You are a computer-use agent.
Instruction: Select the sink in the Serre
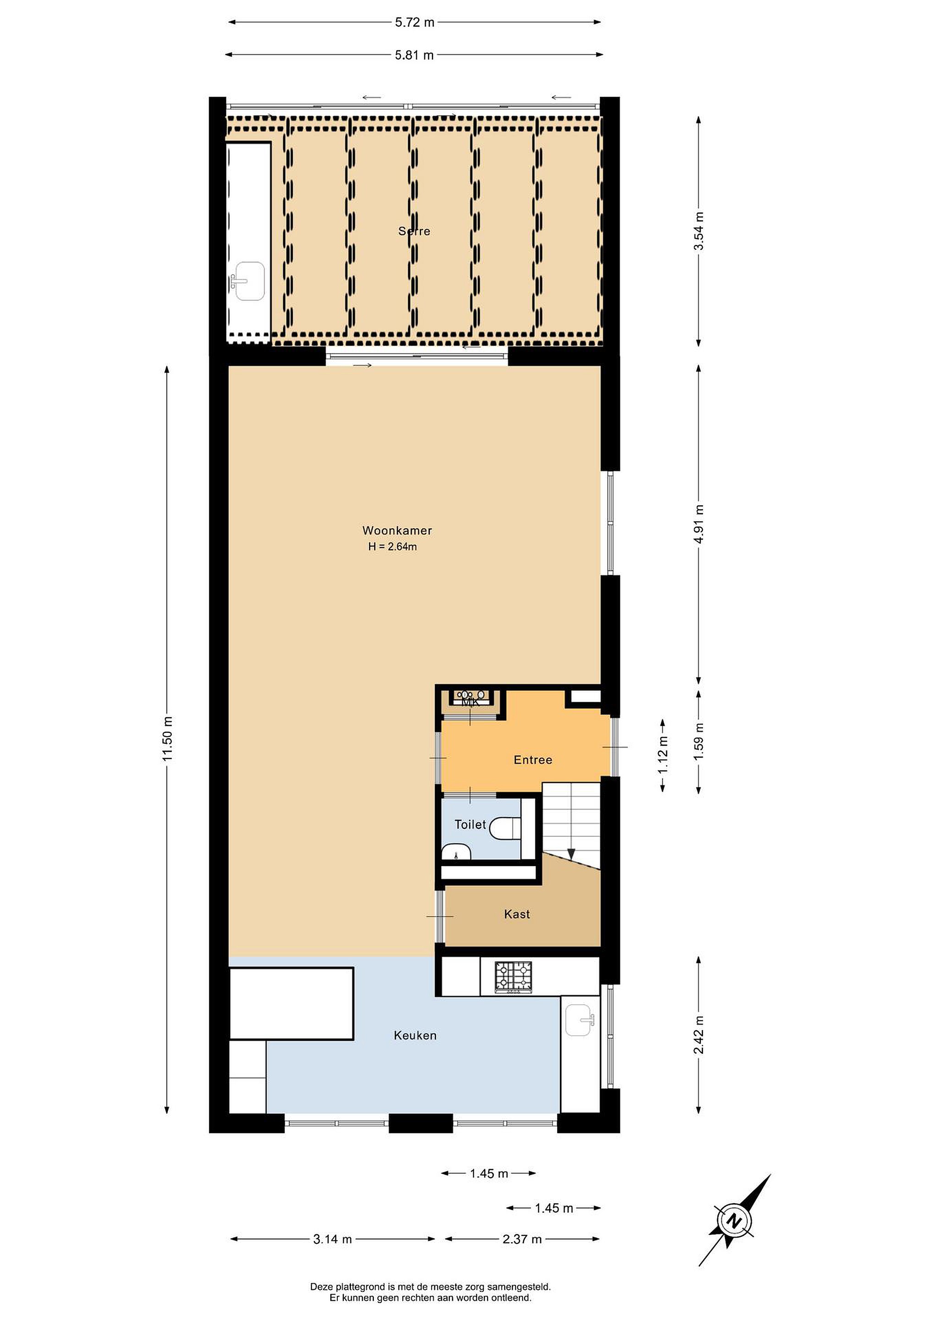[x=249, y=282]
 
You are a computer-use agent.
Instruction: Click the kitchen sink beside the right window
[x=580, y=1020]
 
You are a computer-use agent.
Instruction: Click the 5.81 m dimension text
[x=414, y=55]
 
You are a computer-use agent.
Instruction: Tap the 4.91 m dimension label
[x=699, y=524]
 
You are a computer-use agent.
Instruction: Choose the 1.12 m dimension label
[x=663, y=755]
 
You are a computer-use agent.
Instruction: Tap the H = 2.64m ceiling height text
[x=393, y=547]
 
